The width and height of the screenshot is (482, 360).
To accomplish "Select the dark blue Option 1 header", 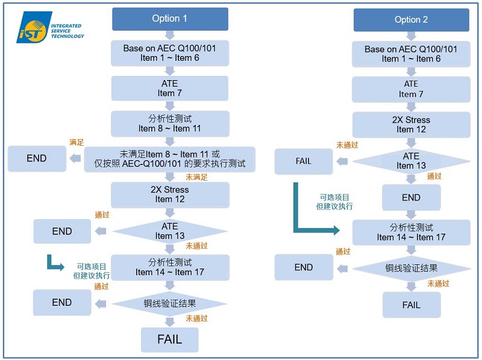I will coord(170,19).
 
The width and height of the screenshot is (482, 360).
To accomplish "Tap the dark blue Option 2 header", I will coord(411,20).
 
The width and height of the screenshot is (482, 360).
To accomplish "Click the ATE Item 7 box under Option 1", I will coord(170,88).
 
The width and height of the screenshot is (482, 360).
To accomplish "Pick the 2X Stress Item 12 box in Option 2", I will coord(411,125).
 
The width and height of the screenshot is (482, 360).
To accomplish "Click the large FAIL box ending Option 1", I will coord(169,340).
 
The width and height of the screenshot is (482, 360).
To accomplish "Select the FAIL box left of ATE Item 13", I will coord(304,161).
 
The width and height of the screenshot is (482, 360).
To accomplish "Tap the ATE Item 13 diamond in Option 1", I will coord(170,231).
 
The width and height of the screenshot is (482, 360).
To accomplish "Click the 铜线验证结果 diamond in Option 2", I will coord(411,268).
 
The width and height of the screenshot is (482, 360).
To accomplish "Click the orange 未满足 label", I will coord(196,178).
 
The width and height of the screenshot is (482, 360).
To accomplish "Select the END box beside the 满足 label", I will coord(37,158).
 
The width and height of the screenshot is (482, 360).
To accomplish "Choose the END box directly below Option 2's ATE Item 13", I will coord(411,197).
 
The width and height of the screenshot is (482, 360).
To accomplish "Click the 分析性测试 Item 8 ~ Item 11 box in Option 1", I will coord(170,123).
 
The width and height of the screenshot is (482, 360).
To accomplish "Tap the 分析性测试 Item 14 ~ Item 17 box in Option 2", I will coord(411,232).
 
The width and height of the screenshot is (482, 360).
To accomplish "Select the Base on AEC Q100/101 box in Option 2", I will coord(411,54).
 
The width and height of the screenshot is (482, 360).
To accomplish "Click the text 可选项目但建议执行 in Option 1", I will coord(92,271).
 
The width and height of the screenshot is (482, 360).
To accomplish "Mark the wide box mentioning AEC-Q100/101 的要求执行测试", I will coord(170,160).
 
